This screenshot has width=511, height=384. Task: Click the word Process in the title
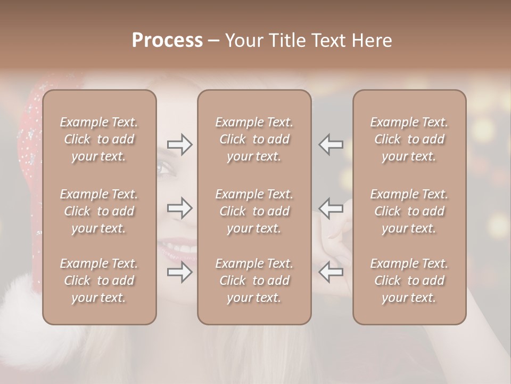167,41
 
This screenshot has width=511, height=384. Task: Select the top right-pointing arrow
179,145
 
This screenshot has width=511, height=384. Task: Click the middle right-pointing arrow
179,208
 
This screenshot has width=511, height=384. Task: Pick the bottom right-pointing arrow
179,272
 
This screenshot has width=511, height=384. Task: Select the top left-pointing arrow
331,145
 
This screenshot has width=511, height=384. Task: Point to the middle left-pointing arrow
331,208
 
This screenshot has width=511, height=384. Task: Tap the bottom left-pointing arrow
331,272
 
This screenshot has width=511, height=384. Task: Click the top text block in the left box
99,139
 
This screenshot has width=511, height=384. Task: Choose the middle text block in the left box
99,211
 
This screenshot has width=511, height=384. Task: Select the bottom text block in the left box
99,281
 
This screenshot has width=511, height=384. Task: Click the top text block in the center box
254,139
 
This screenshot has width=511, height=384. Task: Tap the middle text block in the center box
254,211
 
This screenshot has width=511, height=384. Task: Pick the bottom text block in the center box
254,281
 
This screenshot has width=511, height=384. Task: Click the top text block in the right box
409,139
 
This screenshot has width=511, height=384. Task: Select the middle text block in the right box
409,211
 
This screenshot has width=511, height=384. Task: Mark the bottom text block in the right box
409,281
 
